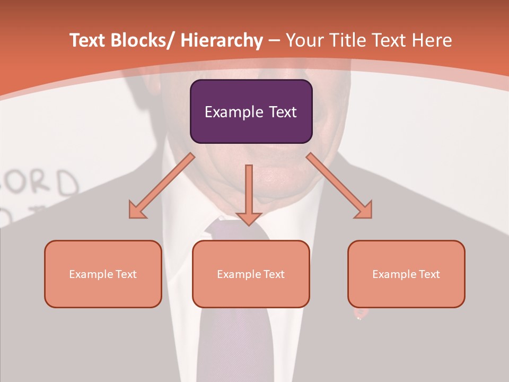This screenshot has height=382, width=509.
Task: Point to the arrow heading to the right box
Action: click(x=339, y=186)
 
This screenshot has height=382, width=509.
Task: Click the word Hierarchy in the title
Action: click(x=222, y=40)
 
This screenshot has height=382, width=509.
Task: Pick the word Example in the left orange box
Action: click(x=90, y=274)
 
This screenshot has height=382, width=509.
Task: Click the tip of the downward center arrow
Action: click(x=249, y=225)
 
